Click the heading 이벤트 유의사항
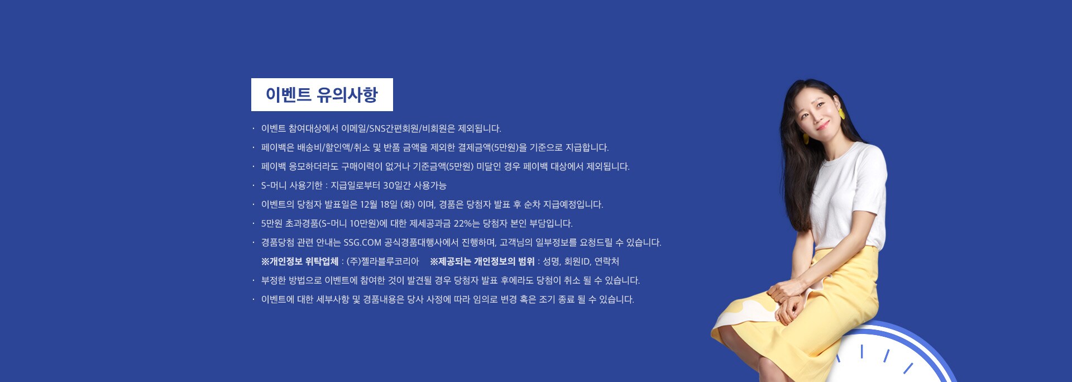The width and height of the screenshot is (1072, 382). (x=322, y=95)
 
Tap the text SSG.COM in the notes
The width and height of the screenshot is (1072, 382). (x=362, y=242)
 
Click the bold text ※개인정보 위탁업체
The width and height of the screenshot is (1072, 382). (x=300, y=261)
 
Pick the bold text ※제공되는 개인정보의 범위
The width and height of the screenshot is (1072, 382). (x=482, y=261)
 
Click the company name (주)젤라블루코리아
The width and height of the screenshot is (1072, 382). (x=382, y=261)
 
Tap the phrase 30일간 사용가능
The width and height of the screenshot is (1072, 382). (x=414, y=185)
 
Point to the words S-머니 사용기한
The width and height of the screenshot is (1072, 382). (x=292, y=185)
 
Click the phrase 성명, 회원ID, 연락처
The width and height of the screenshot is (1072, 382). (x=581, y=261)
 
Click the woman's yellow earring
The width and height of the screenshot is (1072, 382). (x=841, y=113)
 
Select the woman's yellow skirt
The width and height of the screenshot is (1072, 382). (x=804, y=313)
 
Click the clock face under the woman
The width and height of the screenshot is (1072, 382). (x=893, y=357)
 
